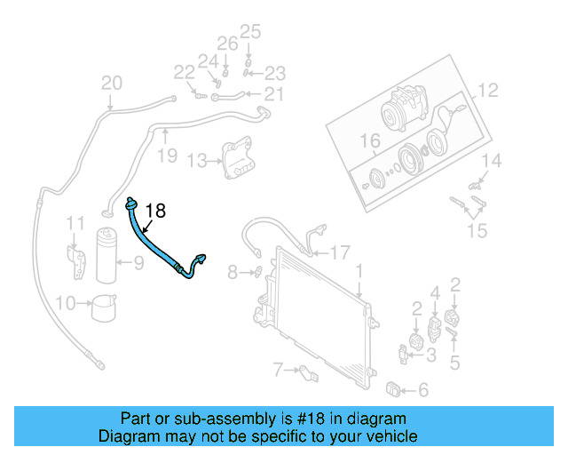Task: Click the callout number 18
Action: (155, 211)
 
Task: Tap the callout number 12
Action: (490, 90)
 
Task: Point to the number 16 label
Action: (369, 140)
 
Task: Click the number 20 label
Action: (111, 84)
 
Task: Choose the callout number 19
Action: (167, 156)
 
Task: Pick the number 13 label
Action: (196, 160)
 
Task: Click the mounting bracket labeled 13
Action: (234, 157)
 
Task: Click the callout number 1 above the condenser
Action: (359, 269)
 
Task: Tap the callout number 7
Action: (277, 368)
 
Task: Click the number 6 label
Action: (422, 389)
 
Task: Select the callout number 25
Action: (250, 33)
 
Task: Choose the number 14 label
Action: (492, 161)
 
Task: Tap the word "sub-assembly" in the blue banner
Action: (193, 419)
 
